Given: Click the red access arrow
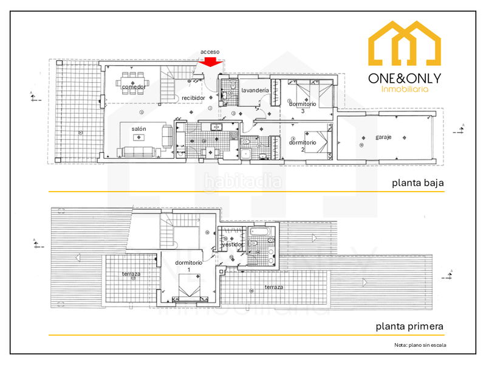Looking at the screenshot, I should click(211, 61).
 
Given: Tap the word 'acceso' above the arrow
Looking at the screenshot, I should click(210, 52).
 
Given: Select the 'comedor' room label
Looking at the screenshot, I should click(134, 88).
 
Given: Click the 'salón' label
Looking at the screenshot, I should click(139, 128).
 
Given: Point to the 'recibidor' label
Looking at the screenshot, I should click(193, 97).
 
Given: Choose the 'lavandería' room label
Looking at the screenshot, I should click(255, 90).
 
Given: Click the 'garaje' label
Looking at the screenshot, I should click(383, 137).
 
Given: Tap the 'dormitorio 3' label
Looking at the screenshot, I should click(302, 106).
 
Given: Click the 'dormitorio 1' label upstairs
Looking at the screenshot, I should click(188, 265).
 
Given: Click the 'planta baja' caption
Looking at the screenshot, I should click(417, 182).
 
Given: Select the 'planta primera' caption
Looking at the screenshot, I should click(409, 326).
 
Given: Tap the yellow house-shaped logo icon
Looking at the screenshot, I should click(405, 44).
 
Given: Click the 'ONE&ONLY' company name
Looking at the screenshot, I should click(405, 78).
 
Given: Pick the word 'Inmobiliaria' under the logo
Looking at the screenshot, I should click(405, 89).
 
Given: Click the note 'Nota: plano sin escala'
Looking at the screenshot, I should click(419, 345).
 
